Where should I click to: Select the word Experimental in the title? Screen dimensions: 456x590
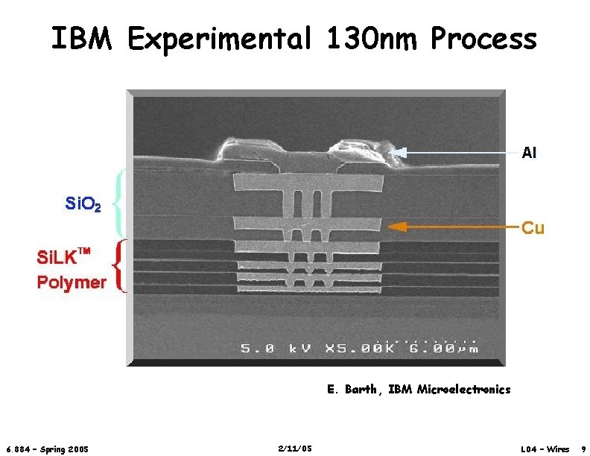(218, 39)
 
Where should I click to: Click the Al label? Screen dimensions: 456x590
(529, 153)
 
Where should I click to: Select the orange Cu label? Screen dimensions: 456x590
(533, 227)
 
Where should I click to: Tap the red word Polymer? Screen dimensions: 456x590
(72, 282)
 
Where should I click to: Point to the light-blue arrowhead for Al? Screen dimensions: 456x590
(397, 153)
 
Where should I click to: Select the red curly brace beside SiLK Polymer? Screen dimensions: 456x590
(119, 267)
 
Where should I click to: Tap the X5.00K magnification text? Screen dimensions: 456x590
(356, 348)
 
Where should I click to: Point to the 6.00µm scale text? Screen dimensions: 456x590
(445, 348)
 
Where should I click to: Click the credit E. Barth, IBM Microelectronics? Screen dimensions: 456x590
(419, 389)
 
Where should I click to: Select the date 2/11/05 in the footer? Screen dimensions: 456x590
(294, 448)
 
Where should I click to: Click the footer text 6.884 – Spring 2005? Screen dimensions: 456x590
(47, 449)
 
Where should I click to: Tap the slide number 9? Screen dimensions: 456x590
(583, 449)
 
